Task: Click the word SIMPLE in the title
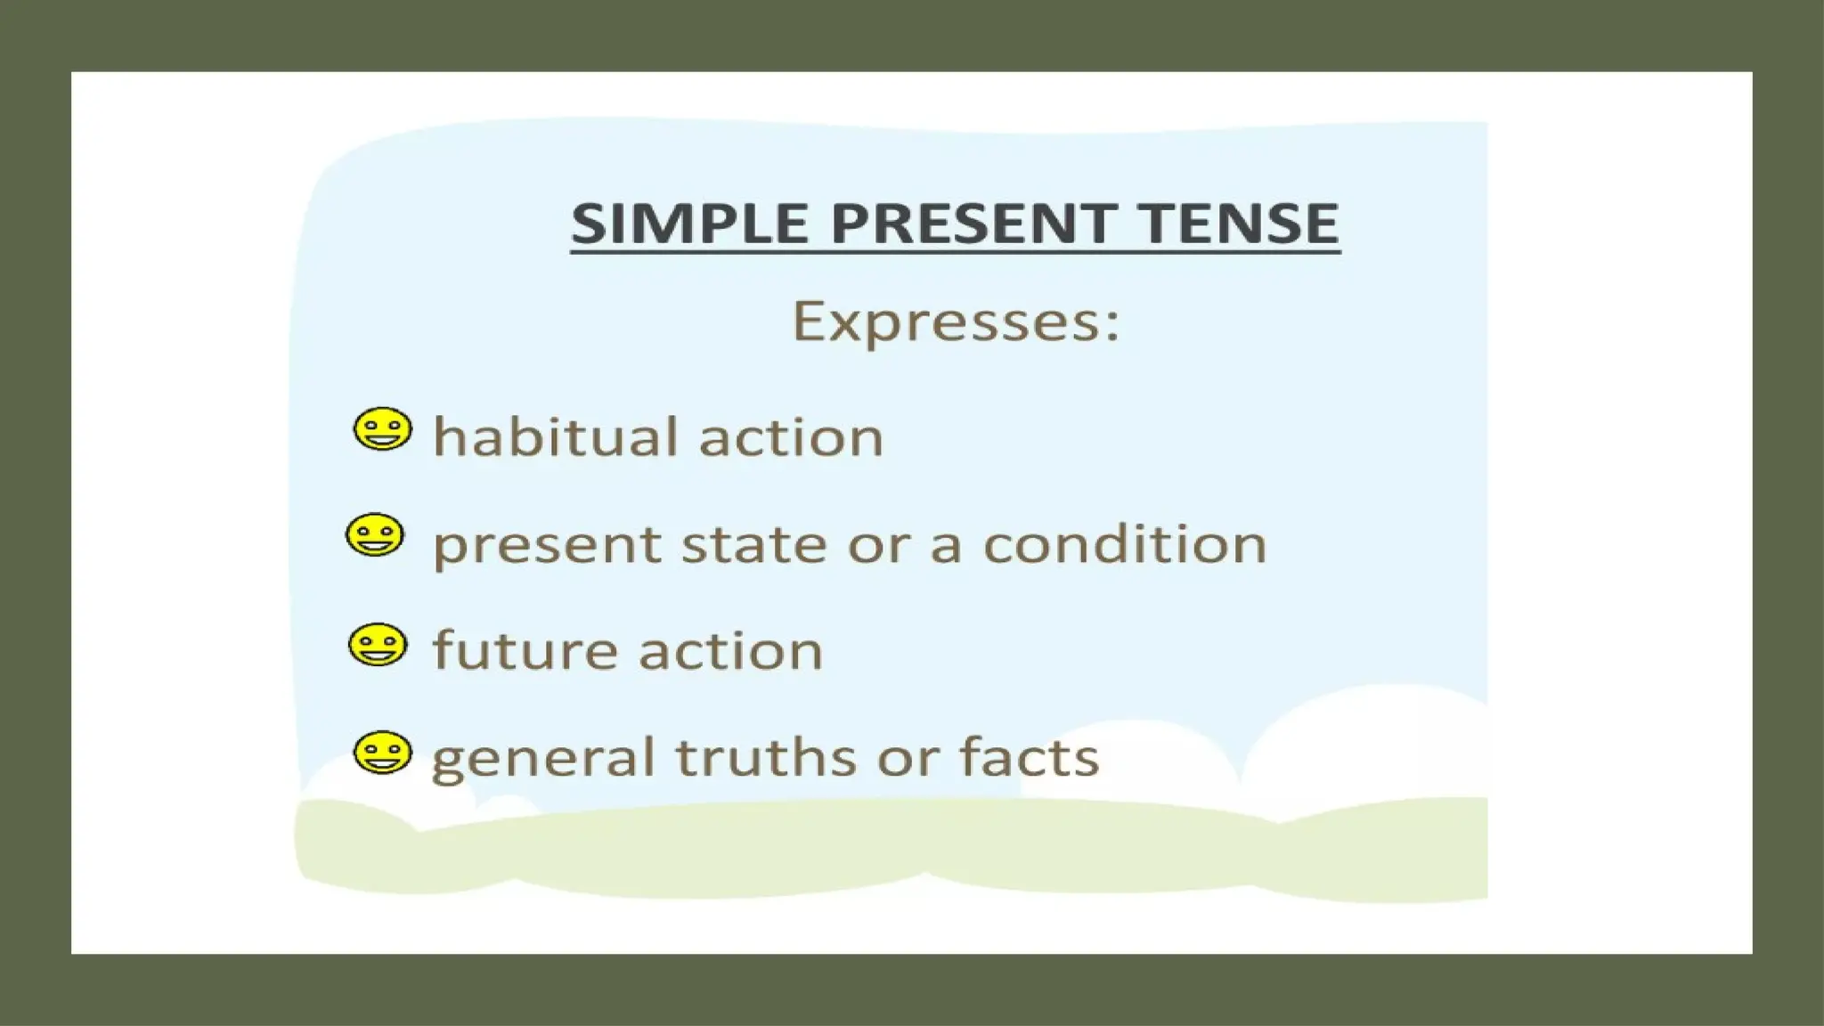click(688, 223)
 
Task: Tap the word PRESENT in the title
click(973, 223)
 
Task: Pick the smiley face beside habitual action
click(383, 429)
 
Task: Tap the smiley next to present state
click(374, 535)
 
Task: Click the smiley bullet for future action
click(378, 645)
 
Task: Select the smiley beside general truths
click(383, 753)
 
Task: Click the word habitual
click(556, 437)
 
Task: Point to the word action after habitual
click(791, 437)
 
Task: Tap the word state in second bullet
click(753, 544)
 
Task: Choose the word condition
click(1124, 544)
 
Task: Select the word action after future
click(730, 650)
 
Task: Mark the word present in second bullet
click(547, 546)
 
